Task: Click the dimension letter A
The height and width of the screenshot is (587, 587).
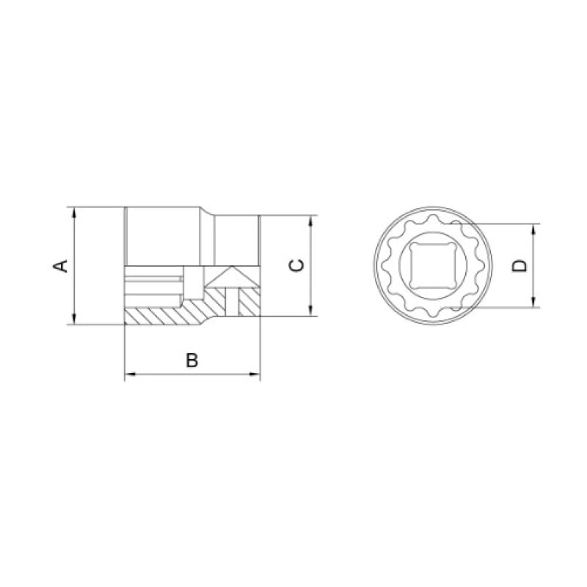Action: tap(60, 265)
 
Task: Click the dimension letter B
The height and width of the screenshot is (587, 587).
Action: tap(192, 361)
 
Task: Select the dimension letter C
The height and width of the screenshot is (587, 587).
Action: tap(296, 265)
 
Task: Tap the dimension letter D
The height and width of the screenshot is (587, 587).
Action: tap(519, 265)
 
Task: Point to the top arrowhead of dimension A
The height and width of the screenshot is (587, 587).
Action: tap(74, 213)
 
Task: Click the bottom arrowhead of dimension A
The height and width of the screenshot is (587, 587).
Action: tap(74, 319)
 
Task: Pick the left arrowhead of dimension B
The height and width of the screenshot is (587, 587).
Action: tap(130, 374)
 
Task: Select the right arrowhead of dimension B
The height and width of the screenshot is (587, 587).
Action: tap(255, 374)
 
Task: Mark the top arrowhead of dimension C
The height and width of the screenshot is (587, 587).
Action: tap(310, 221)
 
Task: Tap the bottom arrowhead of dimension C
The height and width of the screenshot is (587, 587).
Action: tap(310, 310)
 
